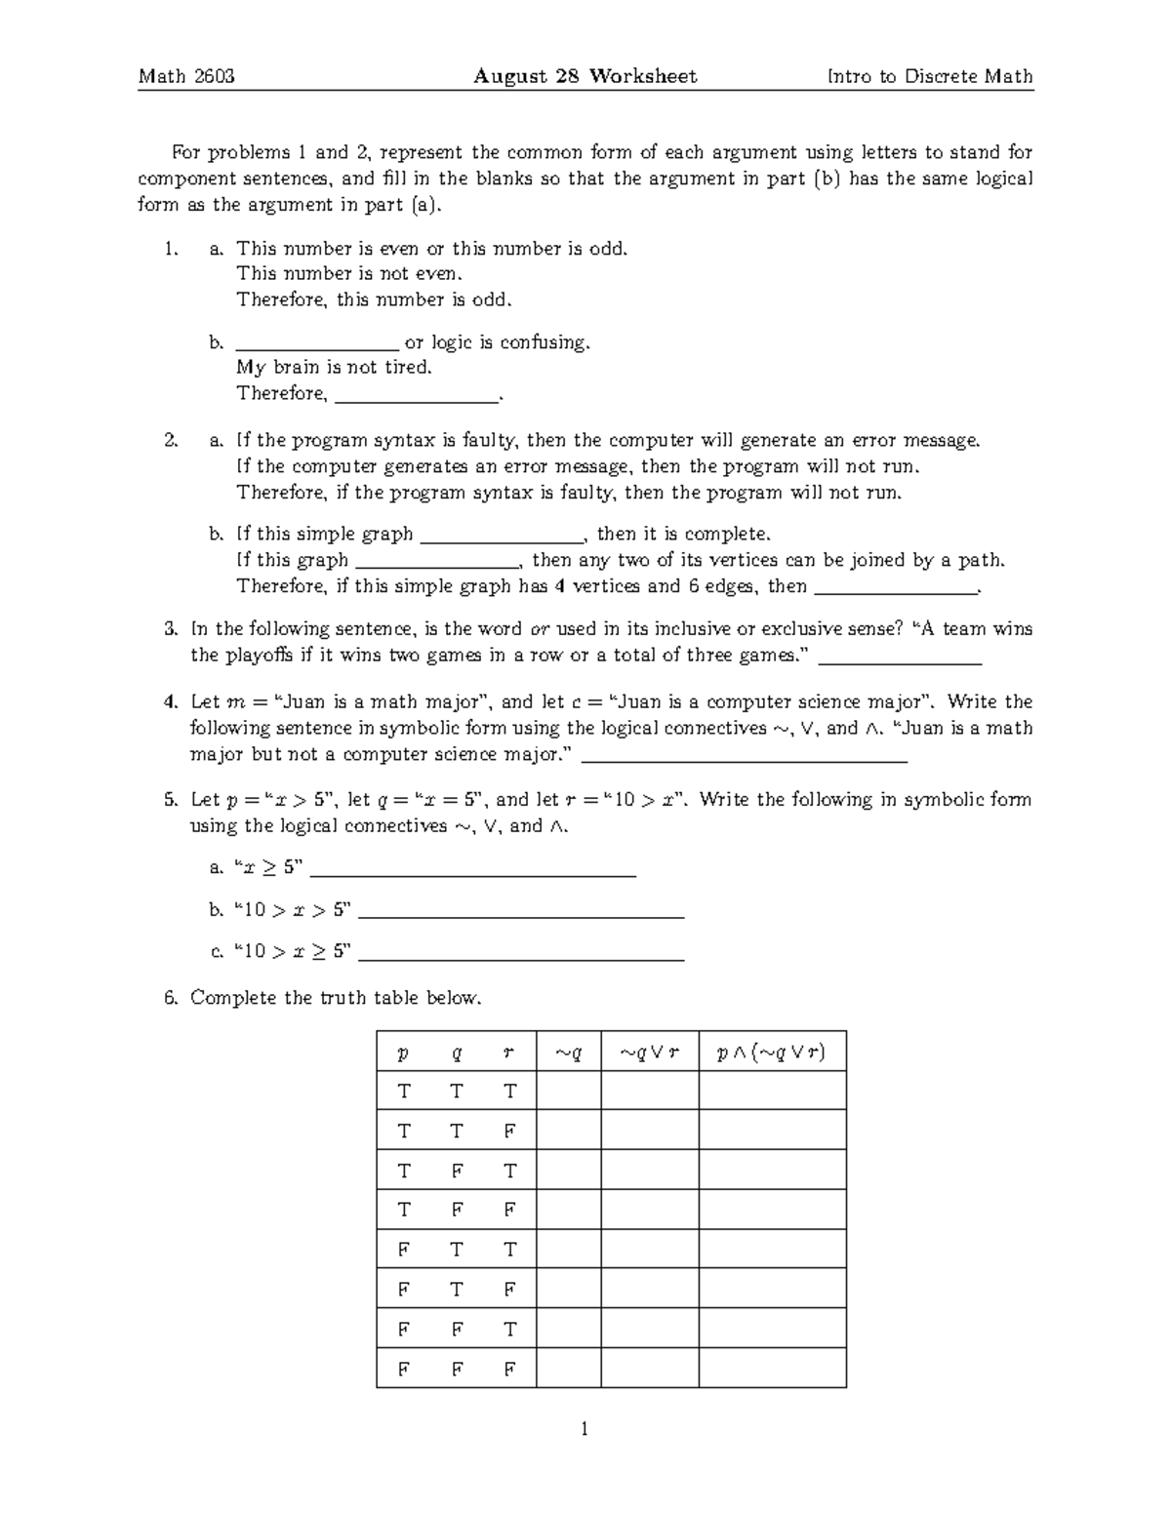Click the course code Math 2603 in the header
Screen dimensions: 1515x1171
[186, 76]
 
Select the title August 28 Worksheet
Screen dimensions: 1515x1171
[585, 76]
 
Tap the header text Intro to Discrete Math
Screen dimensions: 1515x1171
[929, 76]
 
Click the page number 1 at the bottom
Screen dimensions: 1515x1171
[585, 1430]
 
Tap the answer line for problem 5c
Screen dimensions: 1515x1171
[521, 956]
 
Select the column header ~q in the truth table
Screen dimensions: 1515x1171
[568, 1053]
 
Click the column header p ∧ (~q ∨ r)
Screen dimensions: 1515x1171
[771, 1053]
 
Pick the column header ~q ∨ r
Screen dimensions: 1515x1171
[649, 1053]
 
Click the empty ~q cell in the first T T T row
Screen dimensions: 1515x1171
[568, 1091]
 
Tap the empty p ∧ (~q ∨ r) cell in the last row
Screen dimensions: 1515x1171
[772, 1368]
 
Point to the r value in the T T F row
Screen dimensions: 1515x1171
[508, 1131]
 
